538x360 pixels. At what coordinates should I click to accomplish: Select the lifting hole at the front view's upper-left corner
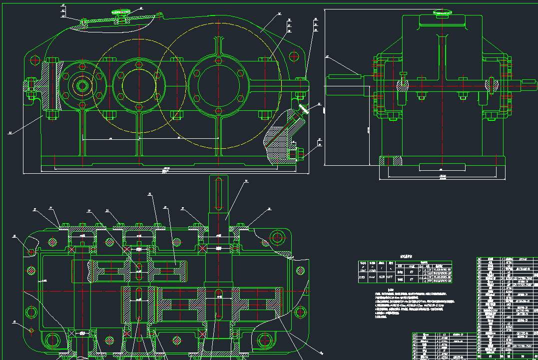34,60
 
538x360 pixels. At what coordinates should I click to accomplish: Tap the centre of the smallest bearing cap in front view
81,85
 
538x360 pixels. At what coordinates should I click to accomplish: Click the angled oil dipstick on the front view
303,108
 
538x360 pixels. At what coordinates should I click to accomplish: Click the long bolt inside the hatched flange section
52,88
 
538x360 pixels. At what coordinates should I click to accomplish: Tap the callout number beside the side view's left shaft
328,57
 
